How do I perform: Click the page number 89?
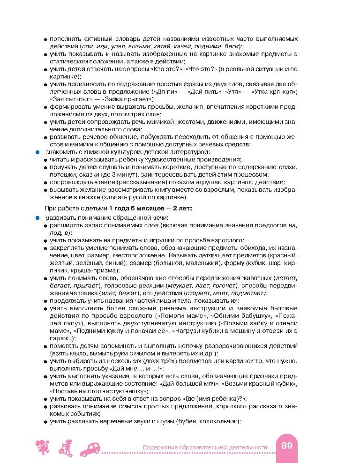[x=287, y=446]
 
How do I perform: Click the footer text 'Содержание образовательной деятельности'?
[x=205, y=447]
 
